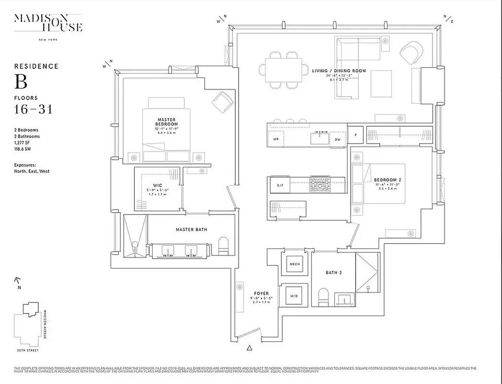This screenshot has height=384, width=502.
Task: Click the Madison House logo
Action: pyautogui.click(x=48, y=23)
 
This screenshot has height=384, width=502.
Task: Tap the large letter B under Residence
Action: pyautogui.click(x=21, y=82)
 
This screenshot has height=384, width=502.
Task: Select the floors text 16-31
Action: pyautogui.click(x=33, y=109)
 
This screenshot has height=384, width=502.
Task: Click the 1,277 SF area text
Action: pyautogui.click(x=24, y=143)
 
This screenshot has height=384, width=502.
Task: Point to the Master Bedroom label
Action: pyautogui.click(x=166, y=122)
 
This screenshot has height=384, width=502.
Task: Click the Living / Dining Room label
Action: pyautogui.click(x=339, y=71)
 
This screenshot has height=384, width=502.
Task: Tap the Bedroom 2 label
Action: pyautogui.click(x=387, y=180)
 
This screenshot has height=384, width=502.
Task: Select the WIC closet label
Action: pyautogui.click(x=158, y=185)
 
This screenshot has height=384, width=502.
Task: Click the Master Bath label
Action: pyautogui.click(x=191, y=230)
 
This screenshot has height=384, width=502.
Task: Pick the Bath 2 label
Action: pyautogui.click(x=333, y=273)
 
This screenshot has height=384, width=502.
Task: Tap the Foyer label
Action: pyautogui.click(x=262, y=293)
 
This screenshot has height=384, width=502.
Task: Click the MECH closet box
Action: pyautogui.click(x=294, y=264)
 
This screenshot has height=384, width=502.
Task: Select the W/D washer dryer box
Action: pyautogui.click(x=294, y=296)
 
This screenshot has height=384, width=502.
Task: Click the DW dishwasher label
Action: pyautogui.click(x=337, y=139)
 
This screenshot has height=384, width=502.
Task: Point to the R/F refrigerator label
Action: pyautogui.click(x=280, y=185)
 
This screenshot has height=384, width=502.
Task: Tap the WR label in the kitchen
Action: pyautogui.click(x=276, y=139)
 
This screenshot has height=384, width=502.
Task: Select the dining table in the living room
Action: pyautogui.click(x=283, y=70)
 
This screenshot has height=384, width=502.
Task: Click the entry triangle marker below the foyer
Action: pyautogui.click(x=249, y=348)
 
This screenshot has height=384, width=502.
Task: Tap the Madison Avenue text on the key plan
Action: pyautogui.click(x=46, y=324)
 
